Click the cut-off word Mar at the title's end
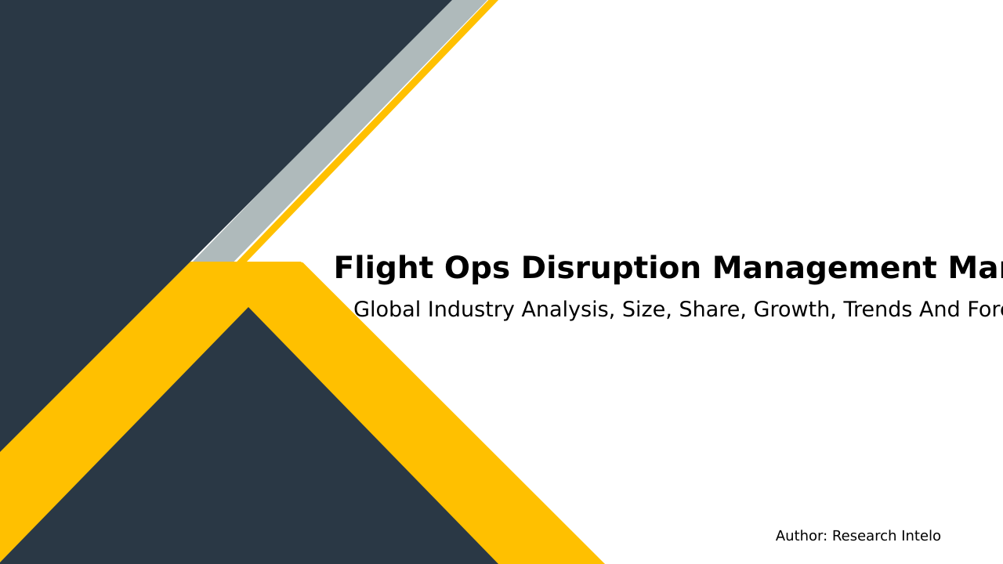975,269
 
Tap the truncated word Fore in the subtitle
985,310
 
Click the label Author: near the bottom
801,537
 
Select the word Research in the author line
860,537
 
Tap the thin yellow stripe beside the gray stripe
368,133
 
